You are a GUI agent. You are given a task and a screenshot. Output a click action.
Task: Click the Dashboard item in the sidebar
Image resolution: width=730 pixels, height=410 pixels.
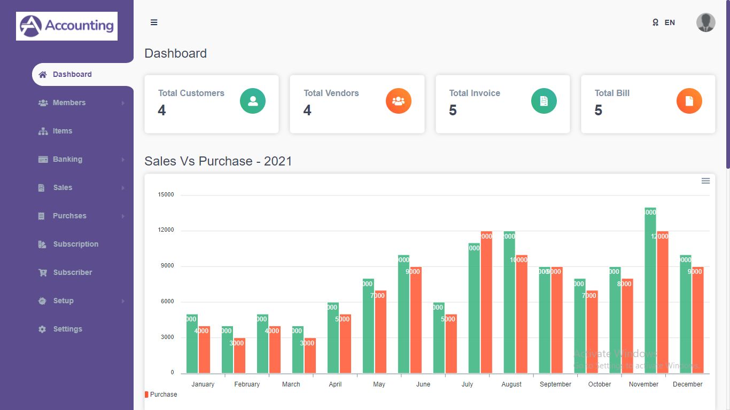pos(72,74)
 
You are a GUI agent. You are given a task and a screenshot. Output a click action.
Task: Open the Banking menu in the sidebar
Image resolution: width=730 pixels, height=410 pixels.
pos(67,159)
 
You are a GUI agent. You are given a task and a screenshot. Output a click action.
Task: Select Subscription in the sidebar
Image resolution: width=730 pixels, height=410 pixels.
pos(75,244)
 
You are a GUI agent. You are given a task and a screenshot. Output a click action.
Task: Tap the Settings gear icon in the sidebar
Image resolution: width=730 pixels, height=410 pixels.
pos(42,329)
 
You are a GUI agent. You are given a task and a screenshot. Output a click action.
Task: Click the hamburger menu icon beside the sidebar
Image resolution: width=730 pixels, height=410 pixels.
pos(154,22)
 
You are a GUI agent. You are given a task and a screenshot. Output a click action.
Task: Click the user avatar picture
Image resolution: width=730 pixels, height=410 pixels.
pos(705,22)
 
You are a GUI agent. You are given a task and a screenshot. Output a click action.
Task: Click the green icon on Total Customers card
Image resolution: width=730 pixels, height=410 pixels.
pos(253,101)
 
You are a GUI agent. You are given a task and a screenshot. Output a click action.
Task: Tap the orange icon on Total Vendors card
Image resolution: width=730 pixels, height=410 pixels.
pos(398,101)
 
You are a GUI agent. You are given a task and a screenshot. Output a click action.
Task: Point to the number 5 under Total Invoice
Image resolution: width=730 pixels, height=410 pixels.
pos(453,111)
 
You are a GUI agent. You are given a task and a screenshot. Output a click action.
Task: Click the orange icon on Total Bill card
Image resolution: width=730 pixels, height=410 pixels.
pos(689,101)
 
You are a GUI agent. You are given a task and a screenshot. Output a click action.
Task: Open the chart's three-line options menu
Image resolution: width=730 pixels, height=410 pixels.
pos(705,181)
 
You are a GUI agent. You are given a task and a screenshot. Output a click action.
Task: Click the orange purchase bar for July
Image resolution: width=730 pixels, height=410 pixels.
pos(486,302)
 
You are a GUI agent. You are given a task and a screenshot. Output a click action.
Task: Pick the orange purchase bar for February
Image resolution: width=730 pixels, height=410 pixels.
pos(239,356)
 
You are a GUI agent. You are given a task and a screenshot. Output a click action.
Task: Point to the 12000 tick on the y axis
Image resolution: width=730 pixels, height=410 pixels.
pos(166,230)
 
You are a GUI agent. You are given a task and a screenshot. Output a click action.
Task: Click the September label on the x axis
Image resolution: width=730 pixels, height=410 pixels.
pos(555,384)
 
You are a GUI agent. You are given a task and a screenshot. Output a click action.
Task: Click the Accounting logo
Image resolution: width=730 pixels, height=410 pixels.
pos(67,26)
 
